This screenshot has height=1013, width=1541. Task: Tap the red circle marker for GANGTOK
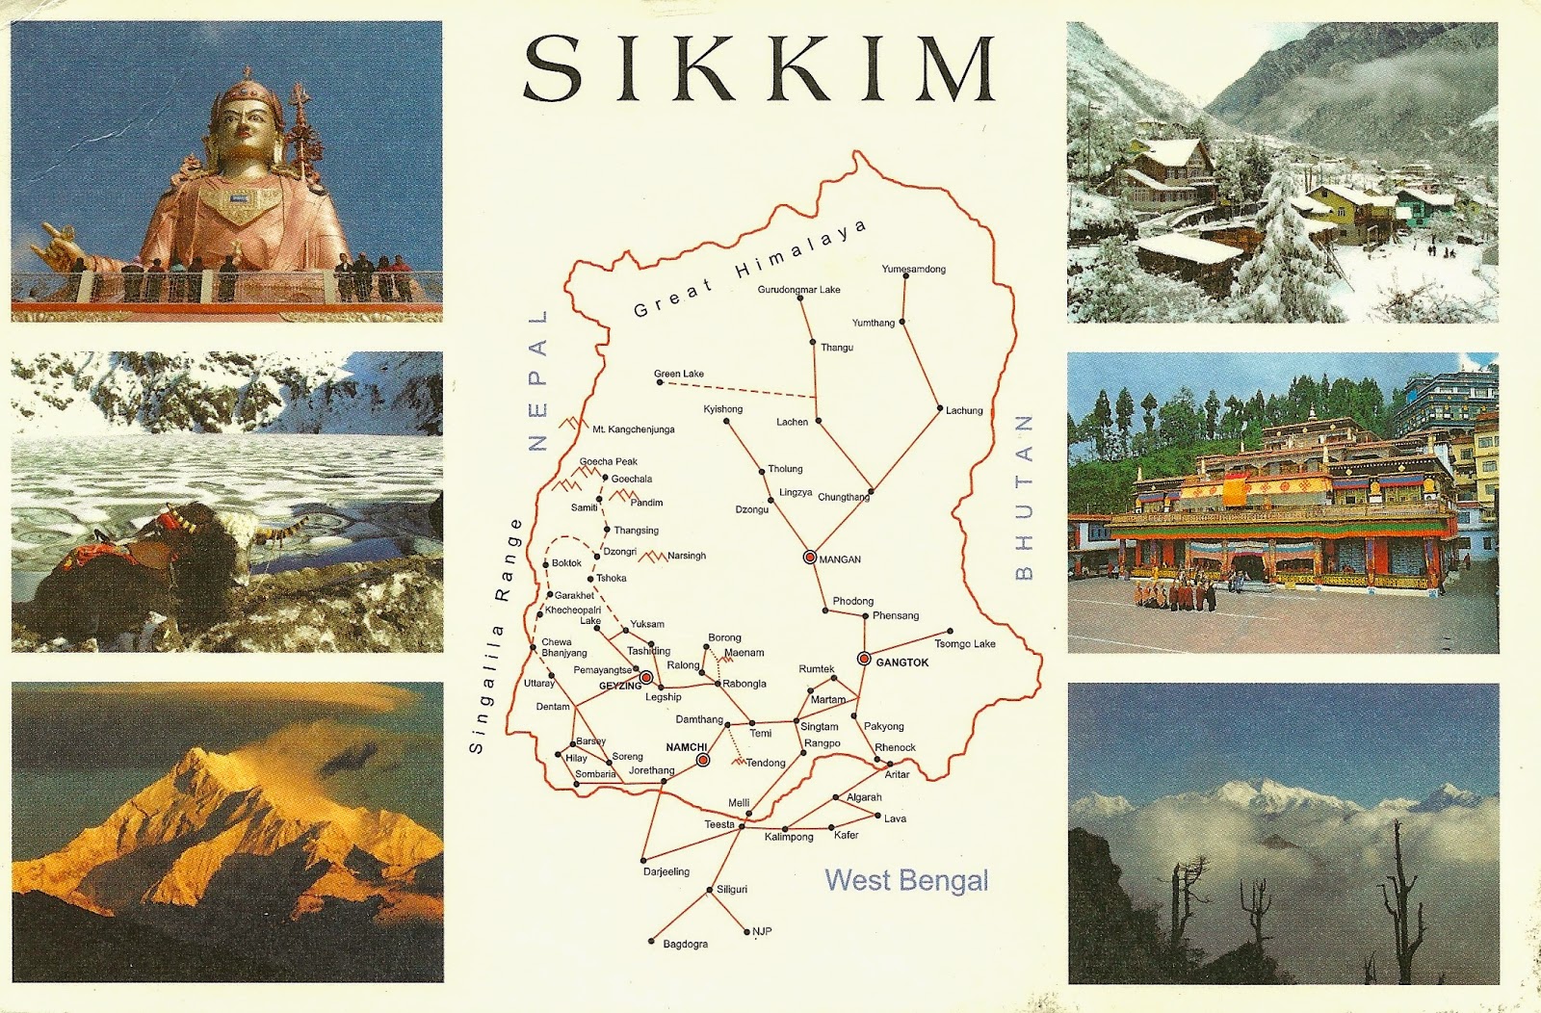864,659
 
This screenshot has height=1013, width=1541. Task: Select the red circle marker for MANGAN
810,558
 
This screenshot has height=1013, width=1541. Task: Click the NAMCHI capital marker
703,760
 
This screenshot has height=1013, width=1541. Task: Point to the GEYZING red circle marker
645,678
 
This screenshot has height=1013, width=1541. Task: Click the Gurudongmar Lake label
798,289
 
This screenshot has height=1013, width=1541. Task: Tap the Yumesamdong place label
913,269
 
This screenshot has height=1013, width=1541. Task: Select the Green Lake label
679,374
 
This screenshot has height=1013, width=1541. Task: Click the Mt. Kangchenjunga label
633,429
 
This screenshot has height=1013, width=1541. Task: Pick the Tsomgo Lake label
964,643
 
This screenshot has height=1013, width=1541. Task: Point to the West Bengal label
906,880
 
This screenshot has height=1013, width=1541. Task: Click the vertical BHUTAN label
1024,498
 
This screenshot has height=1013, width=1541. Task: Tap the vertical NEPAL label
537,380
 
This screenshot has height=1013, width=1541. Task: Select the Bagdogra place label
685,945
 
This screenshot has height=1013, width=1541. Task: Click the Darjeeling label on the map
666,871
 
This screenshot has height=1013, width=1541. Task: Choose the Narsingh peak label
686,556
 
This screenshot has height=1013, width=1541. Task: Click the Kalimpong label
789,837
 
